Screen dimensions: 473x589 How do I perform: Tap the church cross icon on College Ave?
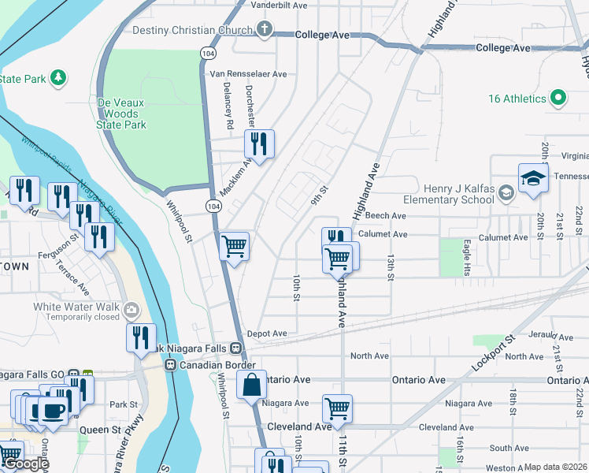pos(265,31)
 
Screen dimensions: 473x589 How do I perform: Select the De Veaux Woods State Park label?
pos(121,114)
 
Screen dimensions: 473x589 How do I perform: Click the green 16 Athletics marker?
pos(558,99)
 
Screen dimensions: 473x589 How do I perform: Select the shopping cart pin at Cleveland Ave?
pos(337,408)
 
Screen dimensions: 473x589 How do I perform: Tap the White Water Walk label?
pos(76,307)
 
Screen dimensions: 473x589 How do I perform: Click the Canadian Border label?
pos(217,365)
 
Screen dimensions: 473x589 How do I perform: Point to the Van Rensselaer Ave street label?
pos(248,73)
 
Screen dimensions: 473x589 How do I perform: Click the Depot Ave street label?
pos(267,333)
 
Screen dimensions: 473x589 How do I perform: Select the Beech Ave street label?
pos(386,215)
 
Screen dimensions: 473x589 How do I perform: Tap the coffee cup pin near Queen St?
pos(53,411)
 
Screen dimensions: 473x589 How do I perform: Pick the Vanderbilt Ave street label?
pos(279,5)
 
